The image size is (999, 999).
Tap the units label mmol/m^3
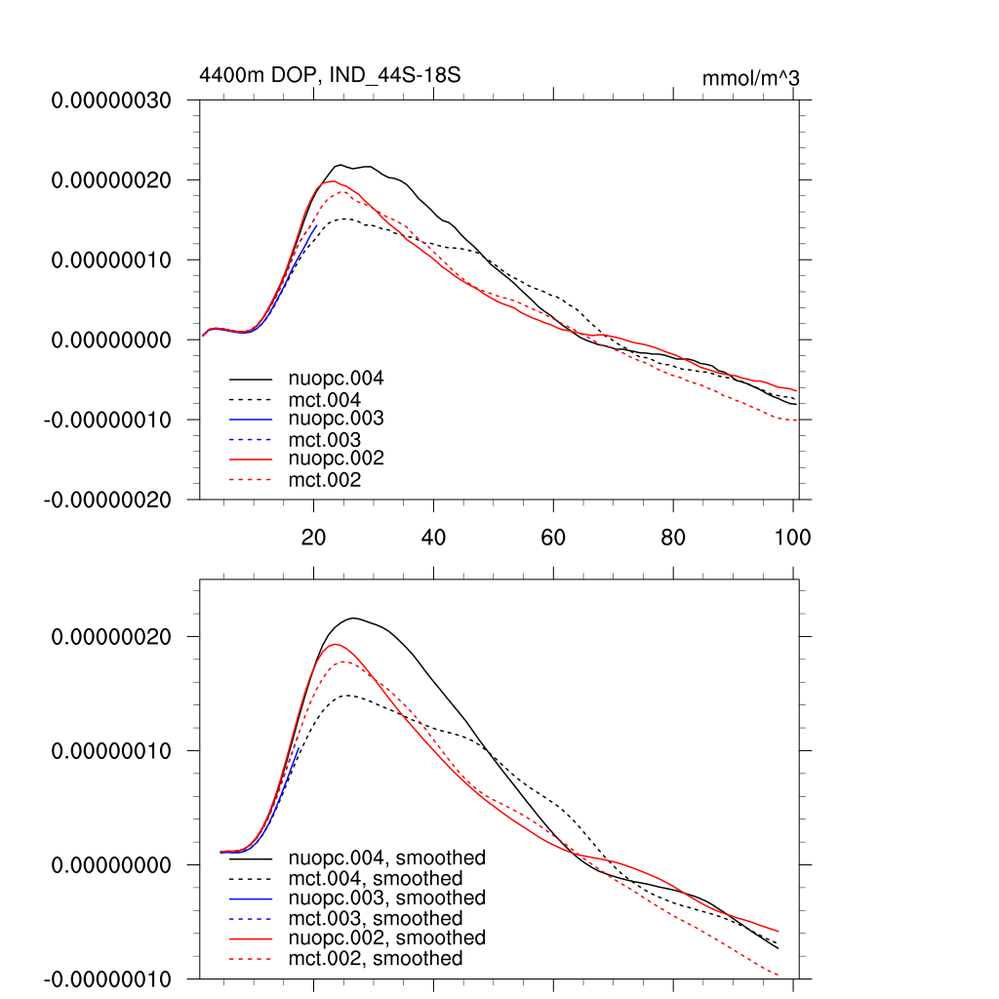point(750,78)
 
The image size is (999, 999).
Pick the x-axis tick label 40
point(433,538)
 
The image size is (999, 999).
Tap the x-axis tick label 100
point(791,538)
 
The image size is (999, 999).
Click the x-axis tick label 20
point(313,538)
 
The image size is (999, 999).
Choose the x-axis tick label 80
point(672,538)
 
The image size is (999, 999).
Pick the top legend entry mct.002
point(325,480)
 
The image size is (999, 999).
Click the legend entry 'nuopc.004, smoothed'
point(387,859)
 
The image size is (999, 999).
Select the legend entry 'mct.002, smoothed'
point(376,959)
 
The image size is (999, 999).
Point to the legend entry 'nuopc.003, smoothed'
point(387,898)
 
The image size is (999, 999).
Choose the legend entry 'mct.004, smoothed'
point(376,878)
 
